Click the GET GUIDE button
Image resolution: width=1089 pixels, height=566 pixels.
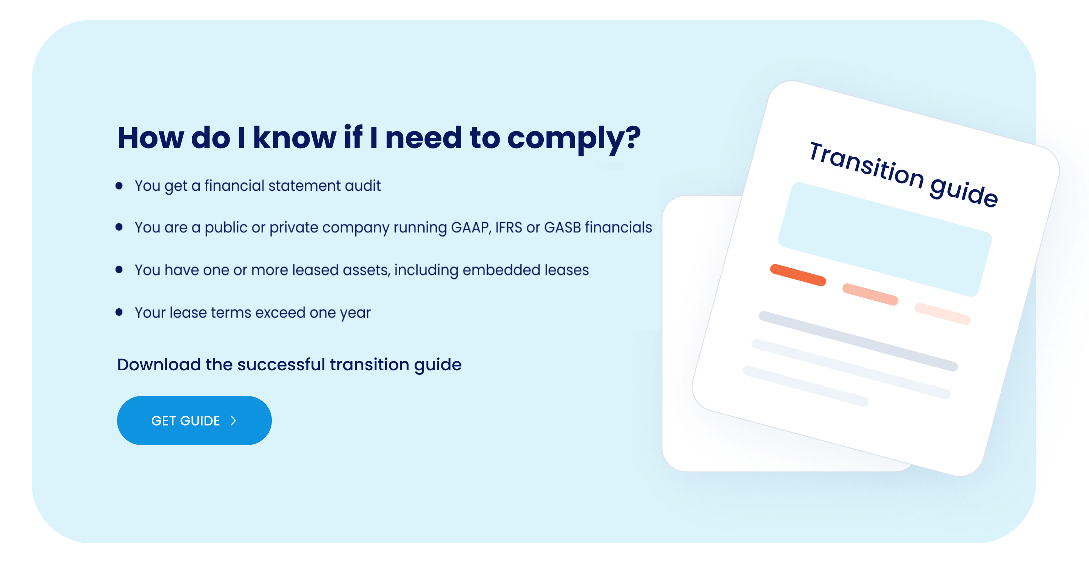coord(194,420)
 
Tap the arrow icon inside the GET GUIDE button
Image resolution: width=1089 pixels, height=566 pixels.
coord(233,421)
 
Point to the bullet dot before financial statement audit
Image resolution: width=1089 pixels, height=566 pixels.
coord(119,186)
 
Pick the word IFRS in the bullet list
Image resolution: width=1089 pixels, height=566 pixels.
coord(509,227)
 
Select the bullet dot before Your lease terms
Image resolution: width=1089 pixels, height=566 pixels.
coord(119,312)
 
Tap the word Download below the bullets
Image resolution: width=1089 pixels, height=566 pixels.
coord(159,365)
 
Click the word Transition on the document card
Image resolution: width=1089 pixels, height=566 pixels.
coord(866,166)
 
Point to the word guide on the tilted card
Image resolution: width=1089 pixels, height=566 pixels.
coord(964,192)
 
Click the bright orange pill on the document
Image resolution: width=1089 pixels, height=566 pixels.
coord(798,275)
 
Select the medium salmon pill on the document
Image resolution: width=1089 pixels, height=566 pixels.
coord(870,294)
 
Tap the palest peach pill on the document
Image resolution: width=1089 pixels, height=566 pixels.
coord(942,314)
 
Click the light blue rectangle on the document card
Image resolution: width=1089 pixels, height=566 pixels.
coord(885,240)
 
